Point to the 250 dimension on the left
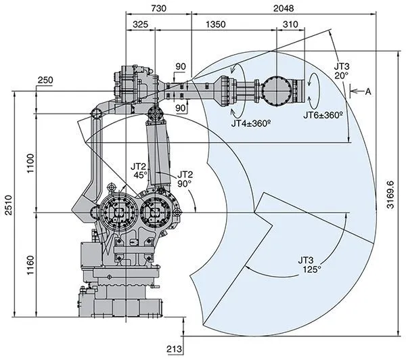click(x=45, y=81)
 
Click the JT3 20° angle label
click(x=342, y=71)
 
